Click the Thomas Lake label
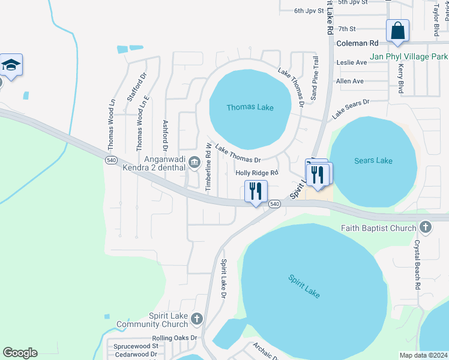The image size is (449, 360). coord(250,108)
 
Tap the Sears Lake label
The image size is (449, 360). coord(373,160)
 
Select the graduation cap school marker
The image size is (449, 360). coord(11,64)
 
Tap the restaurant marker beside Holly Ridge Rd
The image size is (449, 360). coord(256,191)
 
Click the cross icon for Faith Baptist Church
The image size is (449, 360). coord(426,227)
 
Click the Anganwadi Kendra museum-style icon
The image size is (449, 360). coord(194,162)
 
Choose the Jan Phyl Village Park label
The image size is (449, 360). coord(409,56)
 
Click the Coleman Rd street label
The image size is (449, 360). coord(358,43)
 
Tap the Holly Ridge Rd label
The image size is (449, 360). coord(257,173)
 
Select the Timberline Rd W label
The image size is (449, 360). coord(208,167)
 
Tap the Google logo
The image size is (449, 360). coord(20,353)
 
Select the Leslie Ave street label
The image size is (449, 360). coord(352,62)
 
